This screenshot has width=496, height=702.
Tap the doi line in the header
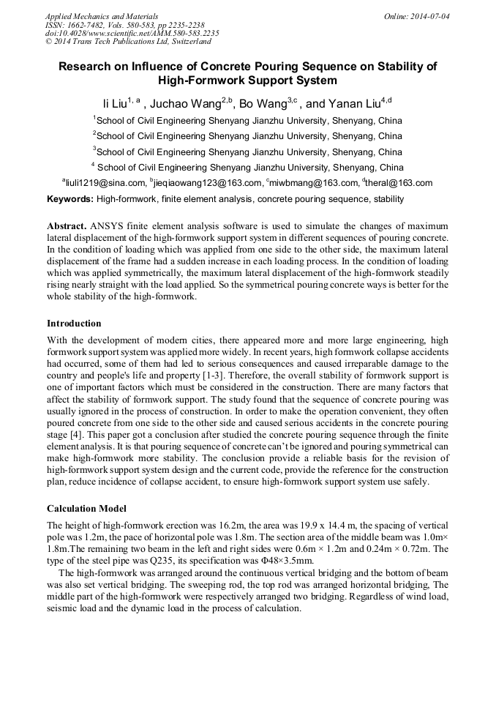coord(132,33)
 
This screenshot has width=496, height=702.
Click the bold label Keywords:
coord(70,199)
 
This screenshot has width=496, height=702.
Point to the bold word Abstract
coord(67,226)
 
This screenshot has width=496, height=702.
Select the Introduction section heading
coord(74,323)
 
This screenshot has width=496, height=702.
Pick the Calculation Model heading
coord(86,508)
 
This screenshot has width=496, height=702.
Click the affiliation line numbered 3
coord(248,152)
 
